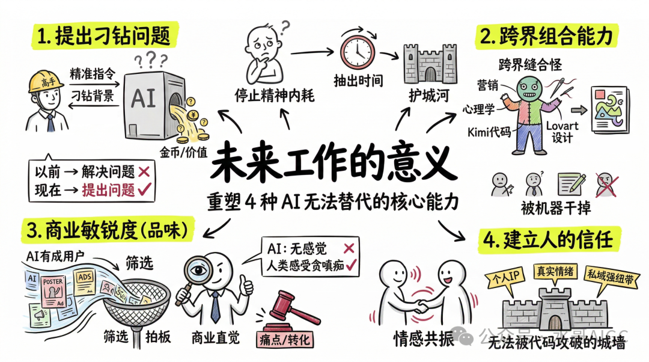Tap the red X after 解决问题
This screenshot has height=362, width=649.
point(144,172)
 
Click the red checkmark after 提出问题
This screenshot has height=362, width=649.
point(144,190)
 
